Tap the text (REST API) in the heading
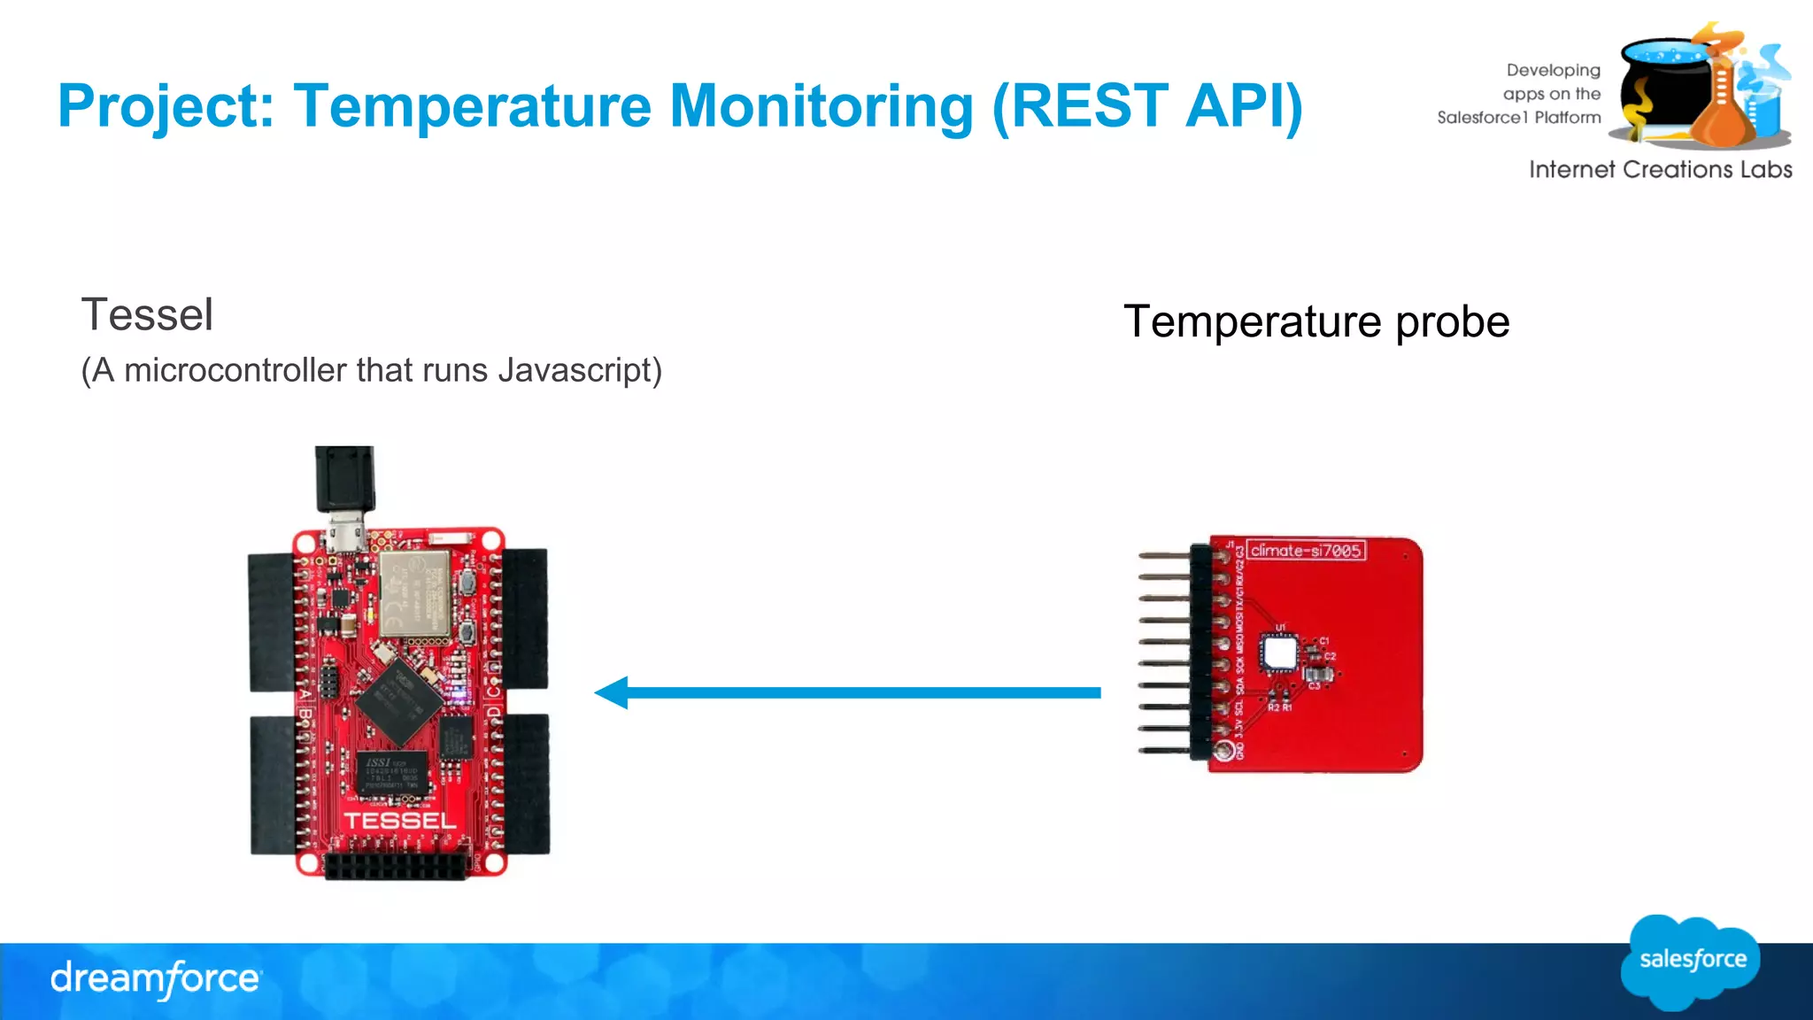coord(1147,106)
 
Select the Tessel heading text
coord(147,315)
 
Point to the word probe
coord(1452,322)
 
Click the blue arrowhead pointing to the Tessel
coord(613,692)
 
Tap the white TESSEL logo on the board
coord(400,821)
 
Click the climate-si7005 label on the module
coord(1306,551)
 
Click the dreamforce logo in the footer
coord(156,979)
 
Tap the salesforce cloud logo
coord(1691,962)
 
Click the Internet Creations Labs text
coord(1660,170)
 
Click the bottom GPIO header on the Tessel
coord(396,866)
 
